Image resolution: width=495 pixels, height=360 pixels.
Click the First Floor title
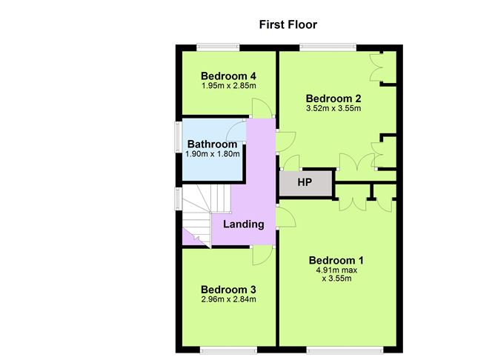[x=288, y=24]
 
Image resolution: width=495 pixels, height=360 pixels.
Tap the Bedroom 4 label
[x=228, y=76]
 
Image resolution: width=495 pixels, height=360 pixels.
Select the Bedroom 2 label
[x=333, y=99]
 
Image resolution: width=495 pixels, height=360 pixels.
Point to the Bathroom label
[x=212, y=144]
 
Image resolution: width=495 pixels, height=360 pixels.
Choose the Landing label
[x=244, y=224]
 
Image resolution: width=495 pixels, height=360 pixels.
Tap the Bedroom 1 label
[x=336, y=260]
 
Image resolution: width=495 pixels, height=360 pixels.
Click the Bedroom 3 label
[x=228, y=289]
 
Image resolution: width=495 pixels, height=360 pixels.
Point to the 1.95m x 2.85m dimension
[x=228, y=86]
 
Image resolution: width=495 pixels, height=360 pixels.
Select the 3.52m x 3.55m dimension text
[x=333, y=109]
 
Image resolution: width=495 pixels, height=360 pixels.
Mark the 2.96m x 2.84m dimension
[x=228, y=299]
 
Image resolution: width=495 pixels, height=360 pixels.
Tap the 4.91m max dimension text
[x=336, y=270]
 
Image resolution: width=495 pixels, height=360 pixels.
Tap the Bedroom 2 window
[x=328, y=48]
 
